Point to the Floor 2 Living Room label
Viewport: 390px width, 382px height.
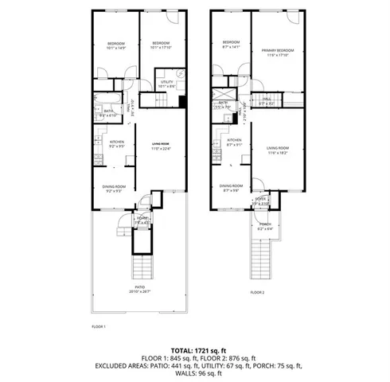[x=277, y=150]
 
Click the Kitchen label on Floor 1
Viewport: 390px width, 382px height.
[x=116, y=143]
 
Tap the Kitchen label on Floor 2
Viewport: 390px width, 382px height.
[x=233, y=142]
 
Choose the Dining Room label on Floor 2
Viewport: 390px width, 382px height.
[x=232, y=188]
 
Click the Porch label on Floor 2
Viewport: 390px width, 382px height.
[x=263, y=225]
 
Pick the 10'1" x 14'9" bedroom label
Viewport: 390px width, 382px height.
[x=116, y=45]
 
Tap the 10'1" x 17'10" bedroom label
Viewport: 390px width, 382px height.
[x=162, y=45]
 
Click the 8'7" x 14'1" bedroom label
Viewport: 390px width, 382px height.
[x=231, y=45]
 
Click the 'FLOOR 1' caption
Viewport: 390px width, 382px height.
[x=99, y=326]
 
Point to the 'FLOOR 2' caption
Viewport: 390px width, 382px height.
[x=257, y=293]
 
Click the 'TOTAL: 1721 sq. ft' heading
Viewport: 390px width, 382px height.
[x=195, y=350]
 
